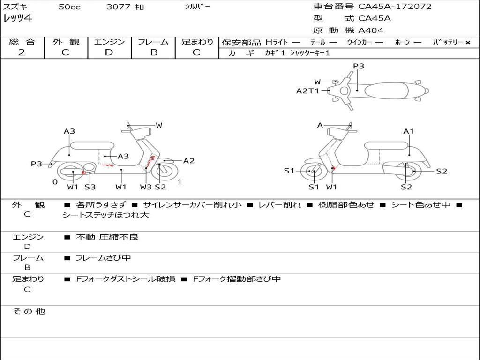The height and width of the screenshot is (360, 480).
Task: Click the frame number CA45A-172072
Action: (x=395, y=7)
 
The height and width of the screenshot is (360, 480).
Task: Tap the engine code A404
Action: (x=371, y=30)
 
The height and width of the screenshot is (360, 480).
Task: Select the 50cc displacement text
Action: (x=69, y=7)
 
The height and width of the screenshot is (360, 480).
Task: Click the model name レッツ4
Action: (x=17, y=19)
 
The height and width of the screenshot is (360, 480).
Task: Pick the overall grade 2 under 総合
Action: (x=22, y=52)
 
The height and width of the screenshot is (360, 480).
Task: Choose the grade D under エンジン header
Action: (x=109, y=52)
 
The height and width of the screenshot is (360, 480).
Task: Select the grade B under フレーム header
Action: (x=154, y=52)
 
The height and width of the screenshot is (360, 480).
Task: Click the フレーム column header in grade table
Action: (x=153, y=42)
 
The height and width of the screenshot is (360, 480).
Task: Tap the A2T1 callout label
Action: (x=307, y=91)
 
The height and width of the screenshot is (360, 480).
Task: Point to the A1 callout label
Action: (x=409, y=131)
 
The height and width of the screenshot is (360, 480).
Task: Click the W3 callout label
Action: (x=146, y=187)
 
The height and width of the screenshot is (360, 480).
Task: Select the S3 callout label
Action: (x=90, y=187)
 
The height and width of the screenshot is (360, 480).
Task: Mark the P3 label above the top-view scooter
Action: (x=359, y=66)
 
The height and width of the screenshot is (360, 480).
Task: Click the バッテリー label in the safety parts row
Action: (x=448, y=43)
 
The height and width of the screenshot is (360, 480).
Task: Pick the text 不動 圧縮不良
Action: (x=107, y=237)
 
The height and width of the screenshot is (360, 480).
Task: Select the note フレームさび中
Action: (x=103, y=258)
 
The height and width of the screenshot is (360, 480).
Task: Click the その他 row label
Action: (x=29, y=311)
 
